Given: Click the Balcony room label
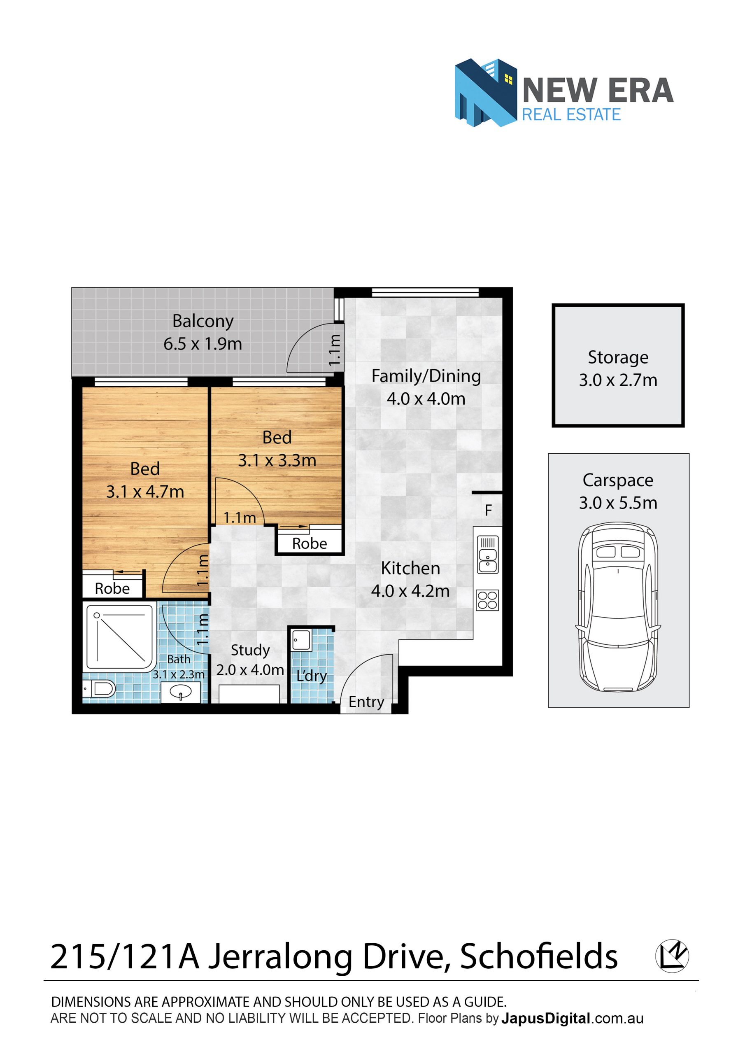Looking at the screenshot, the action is tap(203, 321).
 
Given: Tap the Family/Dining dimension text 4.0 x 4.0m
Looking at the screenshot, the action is tap(426, 399).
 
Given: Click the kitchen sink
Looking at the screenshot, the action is tap(487, 555).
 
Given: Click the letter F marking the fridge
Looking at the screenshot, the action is tap(489, 510).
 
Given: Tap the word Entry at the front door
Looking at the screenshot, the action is tap(366, 702).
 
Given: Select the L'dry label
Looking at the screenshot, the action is tap(312, 676).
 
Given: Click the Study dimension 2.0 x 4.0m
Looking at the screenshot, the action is tap(250, 670).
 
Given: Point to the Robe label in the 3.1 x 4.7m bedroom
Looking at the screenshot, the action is tap(112, 588).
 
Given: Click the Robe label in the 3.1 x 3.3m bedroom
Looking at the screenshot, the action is tap(310, 543).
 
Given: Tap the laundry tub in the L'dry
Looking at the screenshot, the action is tap(301, 640).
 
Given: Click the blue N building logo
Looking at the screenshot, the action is tap(486, 93).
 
